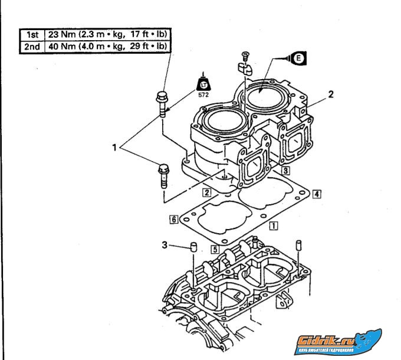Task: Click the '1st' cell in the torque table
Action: pyautogui.click(x=28, y=34)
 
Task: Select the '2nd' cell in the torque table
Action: pyautogui.click(x=28, y=46)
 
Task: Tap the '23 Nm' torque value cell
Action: pyautogui.click(x=104, y=34)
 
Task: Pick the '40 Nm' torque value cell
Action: pyautogui.click(x=104, y=46)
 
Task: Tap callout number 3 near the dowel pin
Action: pyautogui.click(x=165, y=243)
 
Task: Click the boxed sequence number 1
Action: pyautogui.click(x=272, y=225)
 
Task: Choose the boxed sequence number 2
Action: pyautogui.click(x=206, y=192)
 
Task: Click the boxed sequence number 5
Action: pyautogui.click(x=215, y=250)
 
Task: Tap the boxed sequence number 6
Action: pyautogui.click(x=174, y=219)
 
